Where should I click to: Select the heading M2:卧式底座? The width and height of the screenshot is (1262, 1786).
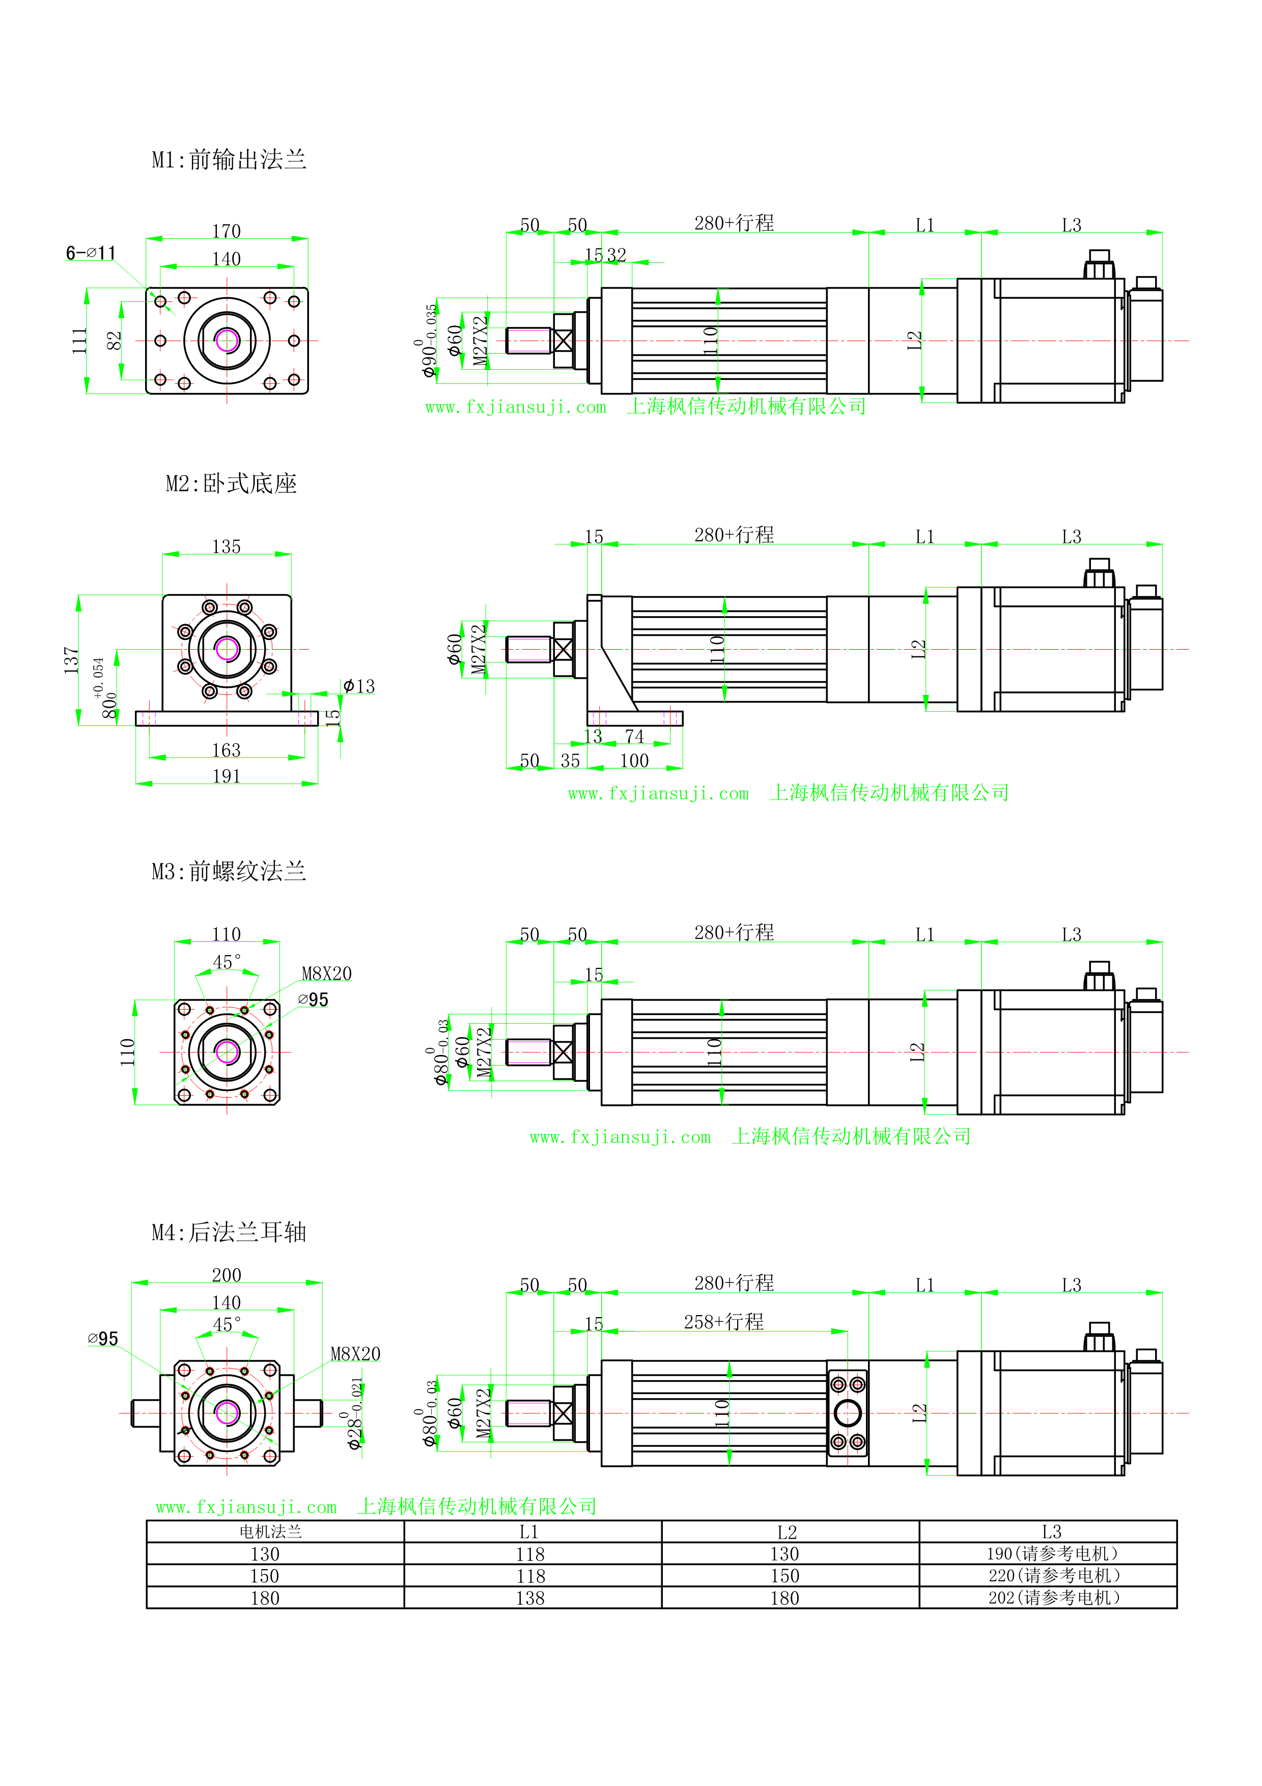click(x=231, y=484)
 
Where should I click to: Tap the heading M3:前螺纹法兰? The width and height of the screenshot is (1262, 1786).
click(x=229, y=871)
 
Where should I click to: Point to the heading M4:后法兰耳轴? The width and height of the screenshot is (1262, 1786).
click(x=229, y=1232)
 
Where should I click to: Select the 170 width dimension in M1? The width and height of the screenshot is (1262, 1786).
click(x=226, y=231)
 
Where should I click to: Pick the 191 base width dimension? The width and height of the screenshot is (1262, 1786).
click(x=226, y=776)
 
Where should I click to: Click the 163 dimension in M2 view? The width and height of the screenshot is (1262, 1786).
click(x=226, y=750)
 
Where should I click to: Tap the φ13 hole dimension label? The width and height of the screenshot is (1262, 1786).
click(x=359, y=686)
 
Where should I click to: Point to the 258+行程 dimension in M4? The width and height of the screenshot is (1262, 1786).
click(x=723, y=1322)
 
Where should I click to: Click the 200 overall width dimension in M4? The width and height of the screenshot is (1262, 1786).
click(x=226, y=1275)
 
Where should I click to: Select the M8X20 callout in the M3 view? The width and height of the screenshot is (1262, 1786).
click(x=327, y=974)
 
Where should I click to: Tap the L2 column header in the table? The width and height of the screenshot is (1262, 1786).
click(x=787, y=1532)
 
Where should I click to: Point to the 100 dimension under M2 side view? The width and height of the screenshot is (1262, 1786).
click(x=634, y=761)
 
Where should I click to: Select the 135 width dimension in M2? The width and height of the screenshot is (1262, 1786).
click(x=226, y=547)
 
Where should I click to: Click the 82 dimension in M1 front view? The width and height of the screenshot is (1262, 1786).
click(x=115, y=341)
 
